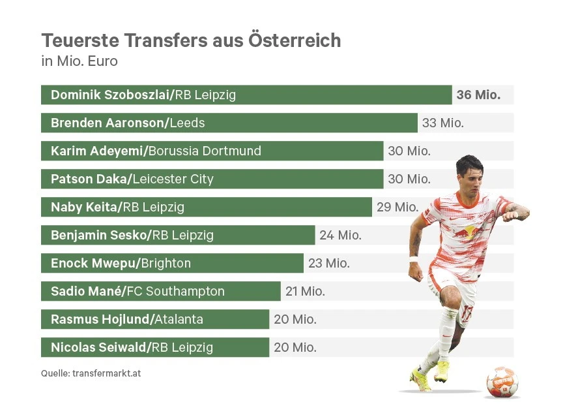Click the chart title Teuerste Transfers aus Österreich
click(x=191, y=40)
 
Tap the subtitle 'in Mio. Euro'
click(x=79, y=62)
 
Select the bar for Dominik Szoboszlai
click(x=246, y=95)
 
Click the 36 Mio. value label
click(x=478, y=95)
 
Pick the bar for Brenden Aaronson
click(x=229, y=123)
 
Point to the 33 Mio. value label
click(x=443, y=123)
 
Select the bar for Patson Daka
click(x=212, y=179)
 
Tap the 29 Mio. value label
click(x=397, y=207)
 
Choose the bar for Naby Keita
click(x=206, y=207)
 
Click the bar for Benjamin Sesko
click(x=178, y=235)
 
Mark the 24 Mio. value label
click(x=340, y=235)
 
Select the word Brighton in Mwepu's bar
click(x=166, y=263)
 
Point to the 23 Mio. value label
click(x=328, y=263)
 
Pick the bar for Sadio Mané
click(x=160, y=291)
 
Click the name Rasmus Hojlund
click(x=100, y=319)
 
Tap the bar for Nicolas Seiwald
click(x=155, y=347)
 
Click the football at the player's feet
click(x=502, y=382)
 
